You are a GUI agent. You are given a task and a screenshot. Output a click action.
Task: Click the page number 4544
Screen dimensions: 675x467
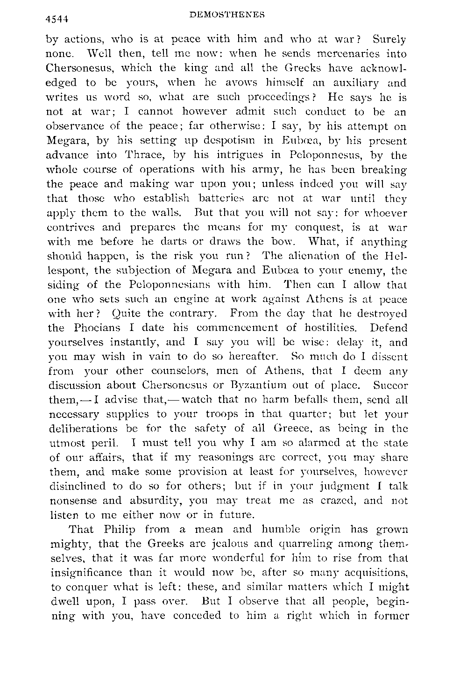click(57, 19)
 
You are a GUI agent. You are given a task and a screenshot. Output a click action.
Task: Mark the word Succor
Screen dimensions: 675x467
click(390, 386)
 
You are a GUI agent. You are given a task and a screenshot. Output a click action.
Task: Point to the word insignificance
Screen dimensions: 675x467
click(87, 573)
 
